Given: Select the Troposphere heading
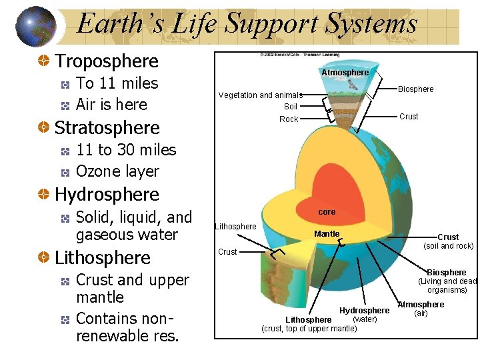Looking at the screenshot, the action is coord(107,61).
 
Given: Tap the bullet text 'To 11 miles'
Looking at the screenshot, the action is coord(117,83).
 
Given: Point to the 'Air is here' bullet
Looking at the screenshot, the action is coord(111,105).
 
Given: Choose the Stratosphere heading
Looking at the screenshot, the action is coord(107,128).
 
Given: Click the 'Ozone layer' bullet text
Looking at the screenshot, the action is coord(118,171).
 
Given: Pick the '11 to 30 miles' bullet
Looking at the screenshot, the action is coord(126,150).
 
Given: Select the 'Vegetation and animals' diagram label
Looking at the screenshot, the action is coord(260,95).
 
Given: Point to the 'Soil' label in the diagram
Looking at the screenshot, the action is coord(291,107).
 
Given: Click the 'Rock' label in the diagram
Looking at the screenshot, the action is coord(289,119).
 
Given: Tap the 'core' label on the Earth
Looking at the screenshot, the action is coord(327,212).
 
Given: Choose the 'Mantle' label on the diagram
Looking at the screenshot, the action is coord(327,234).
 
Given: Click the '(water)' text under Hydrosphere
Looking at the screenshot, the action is coord(365,319).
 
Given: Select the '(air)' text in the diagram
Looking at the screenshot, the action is coord(421,313).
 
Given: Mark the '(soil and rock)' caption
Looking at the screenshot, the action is coord(448,246).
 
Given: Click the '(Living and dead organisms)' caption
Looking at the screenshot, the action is coord(447,285).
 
